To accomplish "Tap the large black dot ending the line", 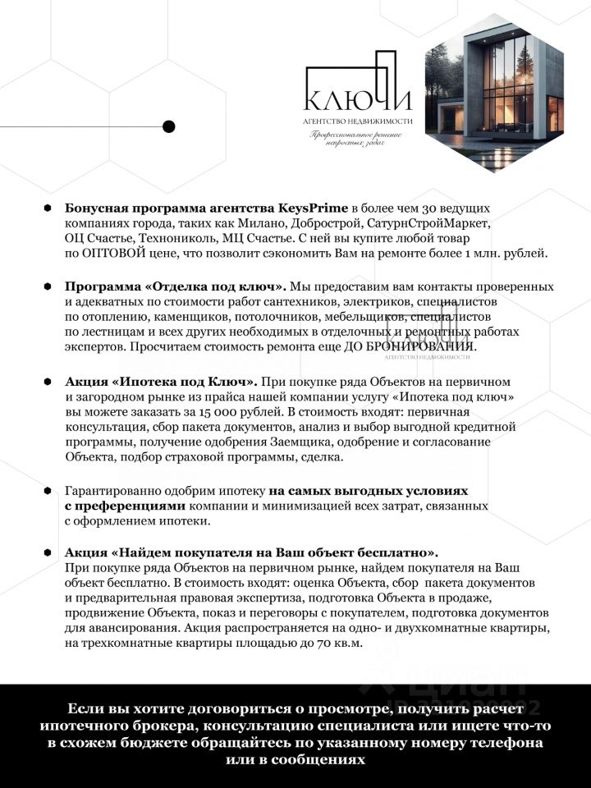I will (x=169, y=126).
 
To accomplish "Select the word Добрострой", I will (x=327, y=223).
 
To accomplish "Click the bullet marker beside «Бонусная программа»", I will (x=48, y=208).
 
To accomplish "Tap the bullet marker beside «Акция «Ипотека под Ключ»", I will (x=48, y=382).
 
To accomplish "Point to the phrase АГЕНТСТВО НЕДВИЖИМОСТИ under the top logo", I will (x=357, y=122).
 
